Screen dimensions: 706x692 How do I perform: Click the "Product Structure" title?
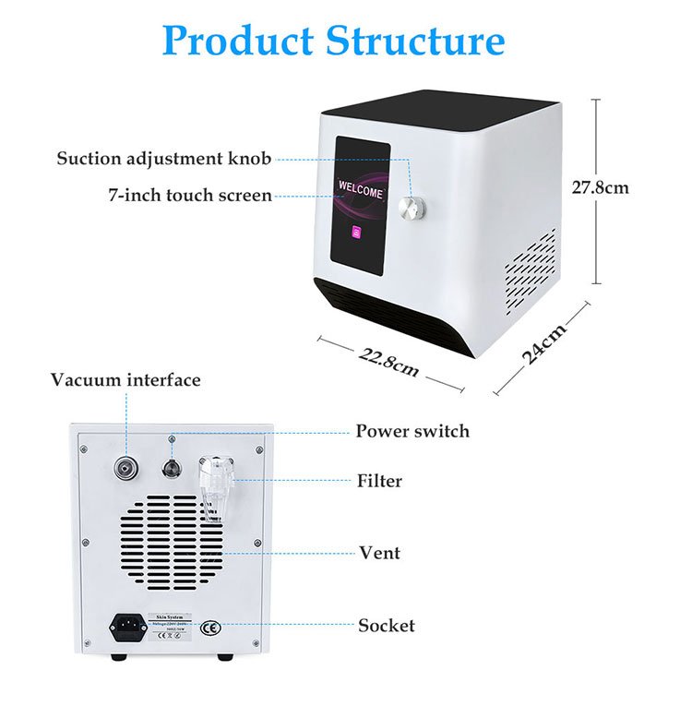point(333,42)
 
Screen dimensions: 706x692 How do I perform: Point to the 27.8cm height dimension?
point(600,187)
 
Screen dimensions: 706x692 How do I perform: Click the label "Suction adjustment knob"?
point(164,158)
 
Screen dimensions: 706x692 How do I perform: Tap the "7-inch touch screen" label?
point(189,195)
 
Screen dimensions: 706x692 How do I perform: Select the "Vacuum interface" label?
point(125,380)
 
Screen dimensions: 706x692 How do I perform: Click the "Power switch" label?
point(412,431)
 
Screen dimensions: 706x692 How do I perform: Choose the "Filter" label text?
point(379,481)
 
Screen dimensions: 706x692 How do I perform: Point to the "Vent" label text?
point(379,553)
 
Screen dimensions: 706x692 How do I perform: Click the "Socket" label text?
point(387,626)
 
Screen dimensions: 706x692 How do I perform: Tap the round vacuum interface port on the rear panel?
point(122,468)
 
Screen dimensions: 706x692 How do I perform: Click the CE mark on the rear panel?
point(210,628)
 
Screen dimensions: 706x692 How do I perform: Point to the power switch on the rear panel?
point(171,467)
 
